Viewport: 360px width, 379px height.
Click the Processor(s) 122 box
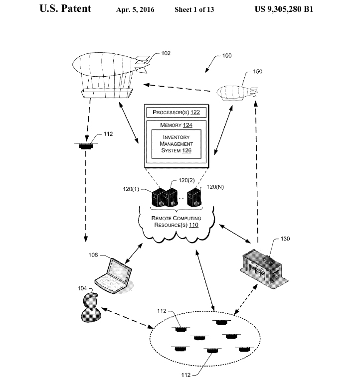pyautogui.click(x=176, y=113)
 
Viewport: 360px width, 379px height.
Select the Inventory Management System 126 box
pyautogui.click(x=176, y=144)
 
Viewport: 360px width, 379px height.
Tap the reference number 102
pyautogui.click(x=166, y=53)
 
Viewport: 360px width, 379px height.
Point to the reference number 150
pyautogui.click(x=257, y=72)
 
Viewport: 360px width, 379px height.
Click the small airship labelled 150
pyautogui.click(x=237, y=92)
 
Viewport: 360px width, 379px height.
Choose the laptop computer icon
pyautogui.click(x=114, y=276)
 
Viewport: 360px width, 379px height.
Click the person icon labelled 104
pyautogui.click(x=90, y=307)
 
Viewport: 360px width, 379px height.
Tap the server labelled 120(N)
pyautogui.click(x=194, y=198)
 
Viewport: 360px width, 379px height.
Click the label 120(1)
pyautogui.click(x=131, y=189)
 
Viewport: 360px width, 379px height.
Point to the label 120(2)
pyautogui.click(x=186, y=180)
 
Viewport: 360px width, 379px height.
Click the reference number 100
pyautogui.click(x=227, y=56)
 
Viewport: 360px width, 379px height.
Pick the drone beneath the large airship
pyautogui.click(x=86, y=145)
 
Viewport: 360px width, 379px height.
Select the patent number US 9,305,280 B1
pyautogui.click(x=284, y=9)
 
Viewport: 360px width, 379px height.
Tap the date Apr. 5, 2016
pyautogui.click(x=135, y=9)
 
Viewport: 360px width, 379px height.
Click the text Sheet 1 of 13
pyautogui.click(x=194, y=9)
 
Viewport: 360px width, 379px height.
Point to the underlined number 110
pyautogui.click(x=193, y=225)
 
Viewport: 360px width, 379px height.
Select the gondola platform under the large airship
pyautogui.click(x=107, y=93)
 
